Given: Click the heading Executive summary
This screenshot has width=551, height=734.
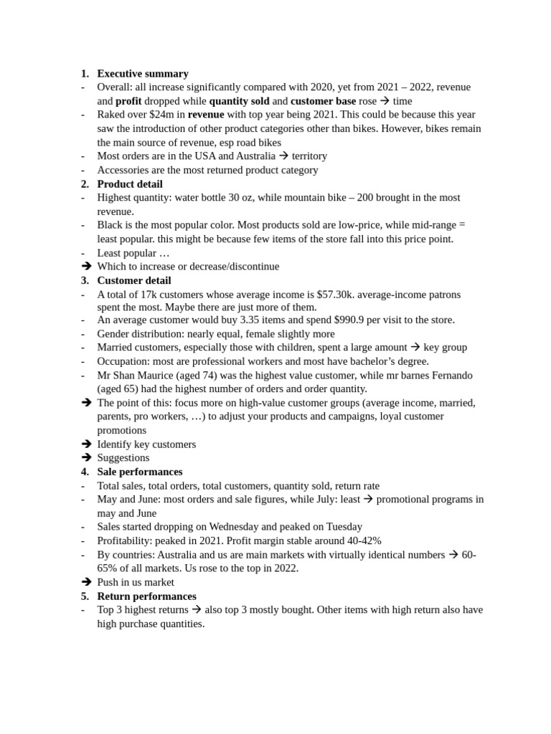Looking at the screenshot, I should coord(143,73).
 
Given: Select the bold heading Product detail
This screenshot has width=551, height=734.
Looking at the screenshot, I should coord(130,183).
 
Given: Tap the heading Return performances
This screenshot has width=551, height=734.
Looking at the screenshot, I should coord(146,596).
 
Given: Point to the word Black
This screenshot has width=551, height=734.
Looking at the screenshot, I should coord(110,225).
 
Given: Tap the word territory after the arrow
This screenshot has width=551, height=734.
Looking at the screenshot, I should coord(309,156).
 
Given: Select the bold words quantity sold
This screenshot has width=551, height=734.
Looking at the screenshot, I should coord(239,101).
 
